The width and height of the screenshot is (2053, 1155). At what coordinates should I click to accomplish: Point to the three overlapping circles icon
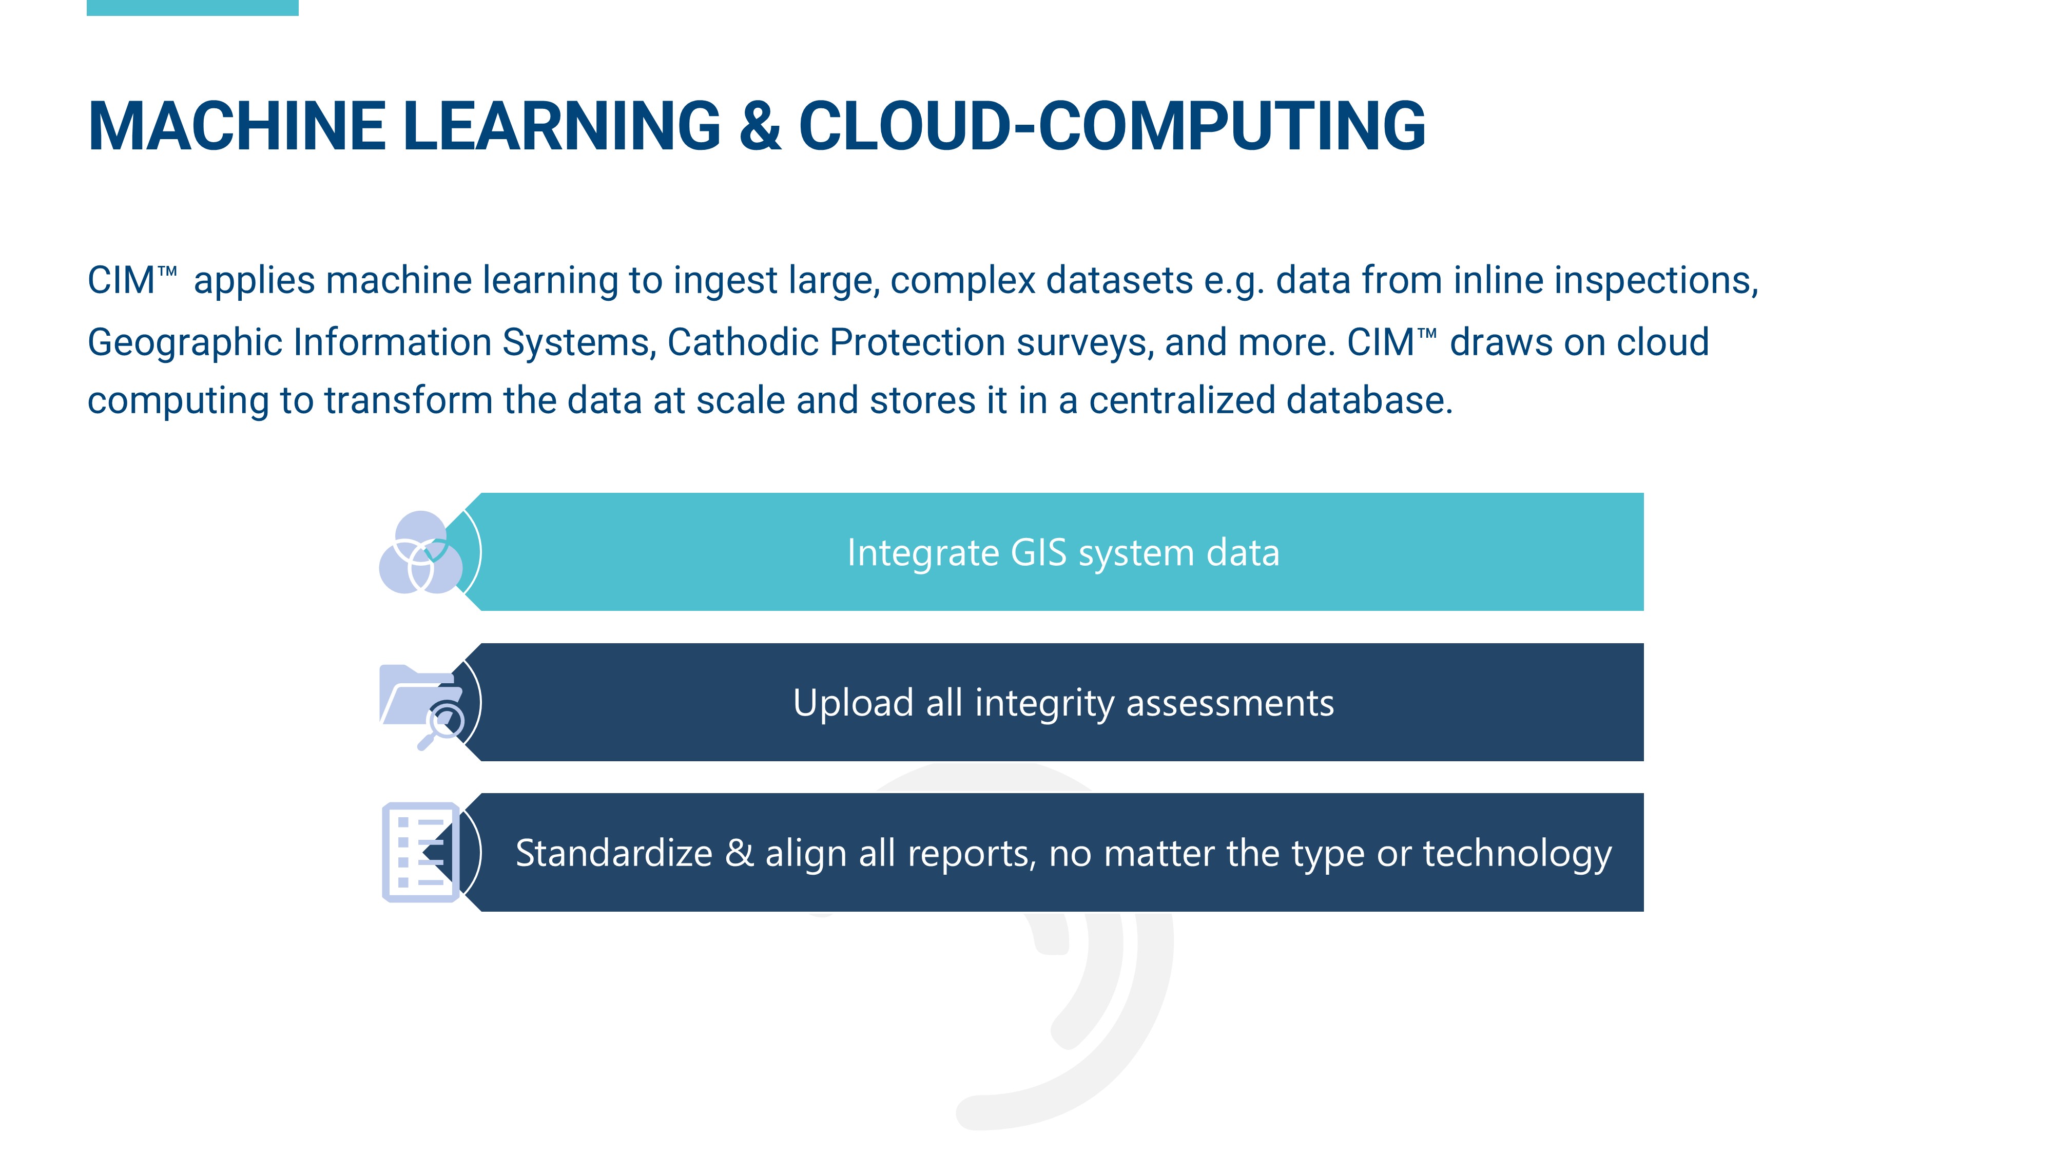421,552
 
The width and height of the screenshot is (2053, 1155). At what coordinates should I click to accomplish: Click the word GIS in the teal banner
1038,552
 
